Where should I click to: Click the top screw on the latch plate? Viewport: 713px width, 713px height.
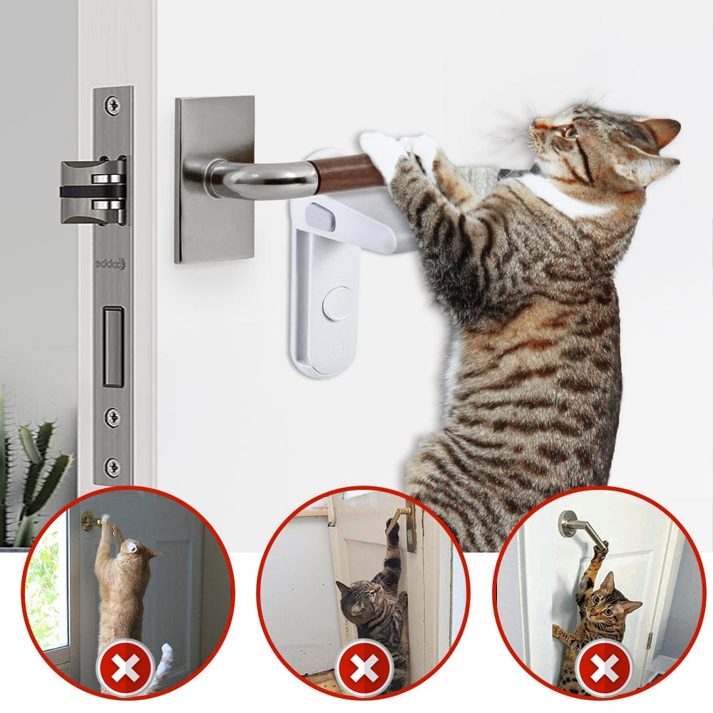tap(113, 105)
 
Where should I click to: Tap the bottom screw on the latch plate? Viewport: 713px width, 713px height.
tap(113, 467)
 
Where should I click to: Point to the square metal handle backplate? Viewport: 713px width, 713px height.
tap(215, 178)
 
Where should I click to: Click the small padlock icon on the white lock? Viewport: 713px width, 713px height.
tap(337, 349)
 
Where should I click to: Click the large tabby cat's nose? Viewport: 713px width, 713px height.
tap(536, 125)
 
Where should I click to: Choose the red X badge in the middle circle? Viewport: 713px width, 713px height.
tap(364, 668)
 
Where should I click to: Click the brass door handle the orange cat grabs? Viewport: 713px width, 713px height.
tap(91, 523)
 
